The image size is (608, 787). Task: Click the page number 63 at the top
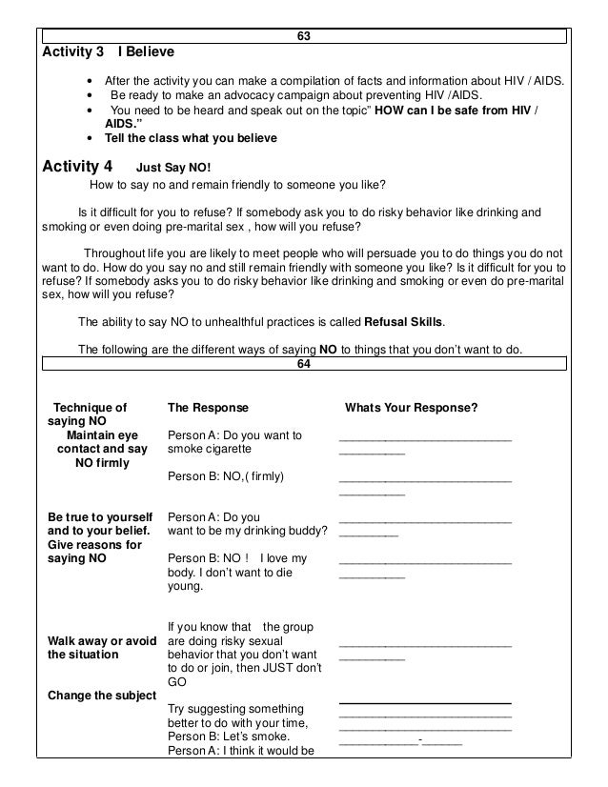coord(303,36)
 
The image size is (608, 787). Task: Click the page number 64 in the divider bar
coord(303,363)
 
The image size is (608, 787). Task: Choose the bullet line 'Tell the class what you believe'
coord(190,138)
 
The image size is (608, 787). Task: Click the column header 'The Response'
coord(207,408)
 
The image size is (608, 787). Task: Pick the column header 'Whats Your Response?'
coord(411,408)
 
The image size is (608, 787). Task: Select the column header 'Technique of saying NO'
coord(89,414)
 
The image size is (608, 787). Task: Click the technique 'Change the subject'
coord(101,695)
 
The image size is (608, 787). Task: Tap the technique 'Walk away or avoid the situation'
coord(101,647)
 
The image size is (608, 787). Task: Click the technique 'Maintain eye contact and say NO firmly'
coord(102,450)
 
